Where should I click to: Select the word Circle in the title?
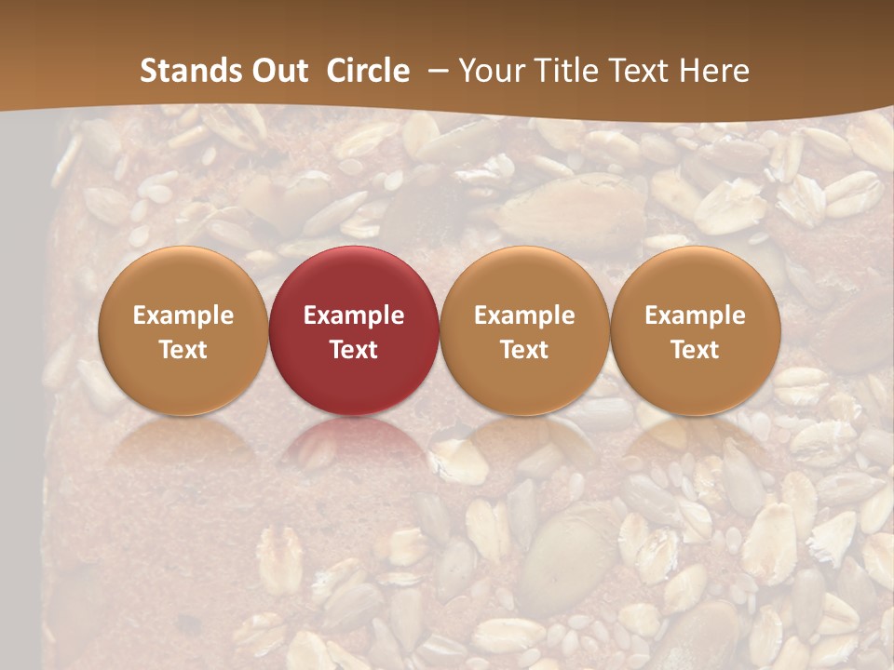click(368, 71)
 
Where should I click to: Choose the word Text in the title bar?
click(636, 71)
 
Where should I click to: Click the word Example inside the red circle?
click(354, 315)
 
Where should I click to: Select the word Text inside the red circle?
click(354, 350)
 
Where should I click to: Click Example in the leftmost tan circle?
click(183, 315)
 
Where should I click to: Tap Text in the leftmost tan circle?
click(183, 350)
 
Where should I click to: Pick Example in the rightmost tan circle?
click(695, 315)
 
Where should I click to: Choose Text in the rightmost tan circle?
click(695, 350)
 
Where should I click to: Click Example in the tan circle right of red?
click(524, 315)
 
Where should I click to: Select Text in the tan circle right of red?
click(524, 350)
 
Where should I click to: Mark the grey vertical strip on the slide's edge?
click(20, 391)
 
